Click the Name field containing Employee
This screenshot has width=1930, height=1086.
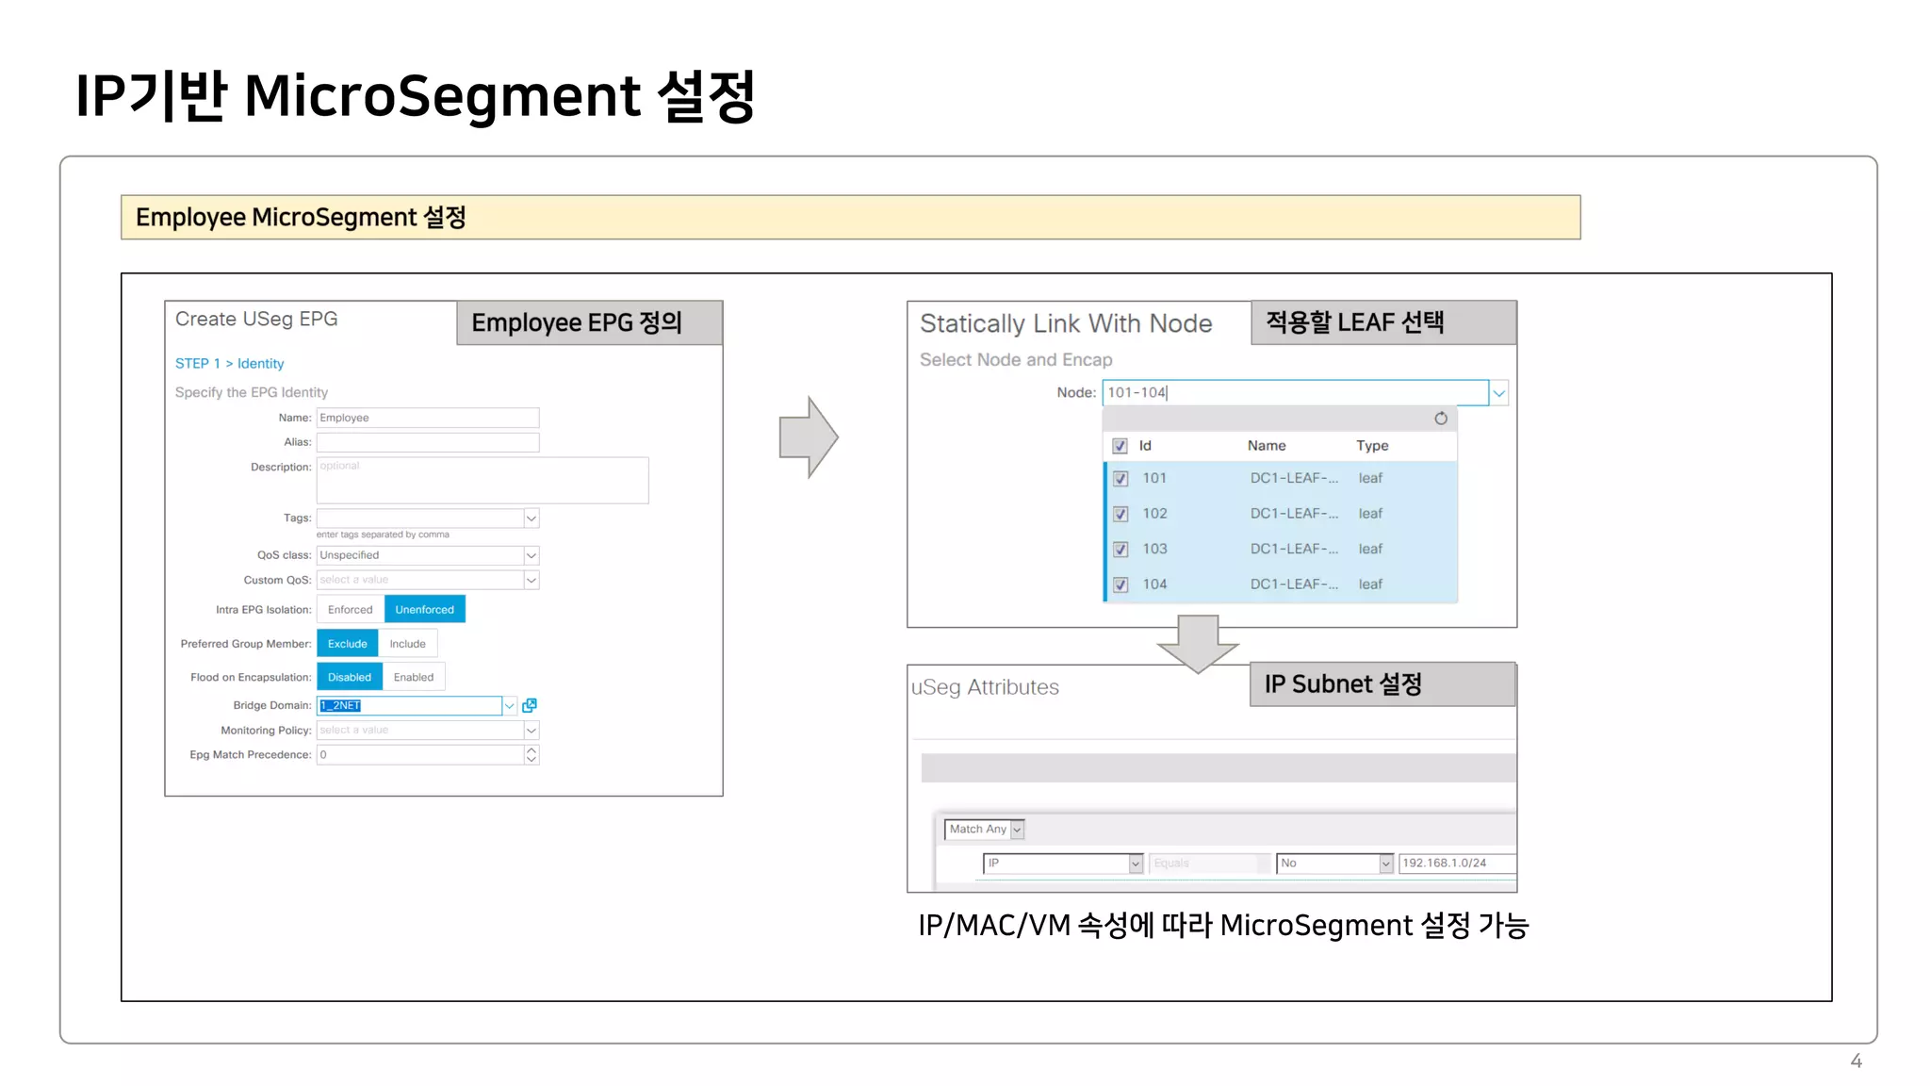[427, 418]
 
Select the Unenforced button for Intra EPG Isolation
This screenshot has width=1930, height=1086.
[424, 610]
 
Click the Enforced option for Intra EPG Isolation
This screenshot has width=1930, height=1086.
[350, 610]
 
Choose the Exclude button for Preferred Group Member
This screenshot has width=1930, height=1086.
[347, 644]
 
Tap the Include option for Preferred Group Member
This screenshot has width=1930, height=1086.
[407, 644]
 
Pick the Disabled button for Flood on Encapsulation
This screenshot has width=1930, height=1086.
[349, 677]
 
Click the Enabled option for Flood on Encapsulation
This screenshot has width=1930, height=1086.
[414, 677]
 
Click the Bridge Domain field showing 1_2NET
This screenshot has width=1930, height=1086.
[409, 705]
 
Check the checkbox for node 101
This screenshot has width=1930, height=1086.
[1120, 479]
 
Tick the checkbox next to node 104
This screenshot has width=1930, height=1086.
[1120, 584]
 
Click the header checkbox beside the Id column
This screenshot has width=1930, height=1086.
[1120, 446]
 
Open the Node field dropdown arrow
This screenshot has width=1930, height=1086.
[1498, 393]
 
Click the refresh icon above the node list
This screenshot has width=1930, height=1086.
[1441, 419]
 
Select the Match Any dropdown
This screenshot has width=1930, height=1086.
[984, 830]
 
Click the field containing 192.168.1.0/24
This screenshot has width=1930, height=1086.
[1456, 864]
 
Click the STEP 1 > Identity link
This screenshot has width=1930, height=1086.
[229, 364]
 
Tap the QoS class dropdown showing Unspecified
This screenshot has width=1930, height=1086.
[427, 555]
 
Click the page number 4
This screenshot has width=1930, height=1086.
[1856, 1061]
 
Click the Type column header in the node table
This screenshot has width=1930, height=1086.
[1372, 446]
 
